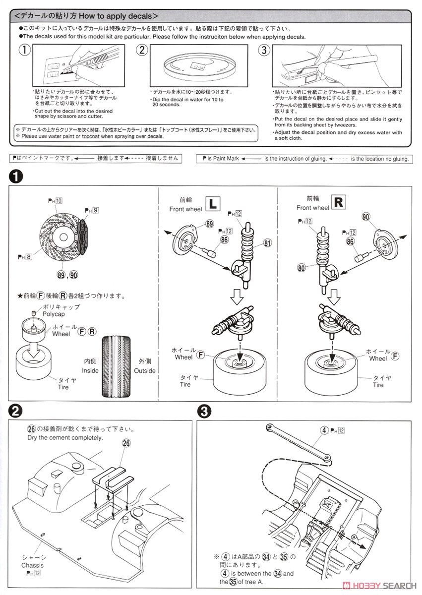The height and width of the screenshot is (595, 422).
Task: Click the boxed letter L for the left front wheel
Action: [213, 204]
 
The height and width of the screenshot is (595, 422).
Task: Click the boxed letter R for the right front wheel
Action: [338, 202]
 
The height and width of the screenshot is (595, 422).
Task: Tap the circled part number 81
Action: [267, 243]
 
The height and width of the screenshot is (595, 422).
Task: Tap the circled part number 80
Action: [301, 268]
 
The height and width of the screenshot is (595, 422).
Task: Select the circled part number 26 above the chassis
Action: [126, 443]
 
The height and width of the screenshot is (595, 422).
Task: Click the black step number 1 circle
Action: [15, 177]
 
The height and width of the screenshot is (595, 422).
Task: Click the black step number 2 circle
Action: [15, 412]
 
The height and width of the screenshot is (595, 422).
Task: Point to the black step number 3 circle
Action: [204, 412]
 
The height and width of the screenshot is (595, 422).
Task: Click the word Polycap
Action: [54, 314]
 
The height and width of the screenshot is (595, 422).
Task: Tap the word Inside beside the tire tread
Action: [90, 370]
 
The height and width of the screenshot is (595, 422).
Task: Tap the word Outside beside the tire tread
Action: [144, 370]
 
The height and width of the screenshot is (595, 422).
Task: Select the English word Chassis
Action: [32, 565]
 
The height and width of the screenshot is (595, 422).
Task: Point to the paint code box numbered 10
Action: [59, 201]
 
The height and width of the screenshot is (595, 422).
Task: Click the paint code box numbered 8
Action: [28, 257]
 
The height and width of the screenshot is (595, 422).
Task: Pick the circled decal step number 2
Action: [142, 50]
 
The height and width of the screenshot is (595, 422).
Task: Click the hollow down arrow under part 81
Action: [237, 297]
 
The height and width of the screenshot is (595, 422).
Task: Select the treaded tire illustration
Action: [117, 367]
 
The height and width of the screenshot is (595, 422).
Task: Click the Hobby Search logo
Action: [379, 586]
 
